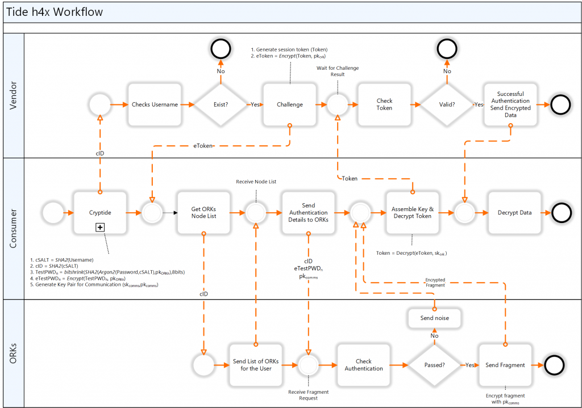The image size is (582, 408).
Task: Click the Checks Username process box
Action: (x=155, y=105)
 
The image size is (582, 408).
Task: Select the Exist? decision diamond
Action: (x=221, y=105)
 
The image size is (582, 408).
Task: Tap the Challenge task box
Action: (x=289, y=105)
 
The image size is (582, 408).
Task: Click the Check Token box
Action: (x=384, y=105)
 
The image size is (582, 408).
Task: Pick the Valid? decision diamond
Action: (x=447, y=105)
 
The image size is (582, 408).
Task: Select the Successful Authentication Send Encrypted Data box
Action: (x=510, y=105)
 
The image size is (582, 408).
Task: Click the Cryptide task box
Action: (x=100, y=213)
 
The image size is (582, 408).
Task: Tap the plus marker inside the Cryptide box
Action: (x=100, y=227)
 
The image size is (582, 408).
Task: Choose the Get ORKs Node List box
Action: (x=204, y=213)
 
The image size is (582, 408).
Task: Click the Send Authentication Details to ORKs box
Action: (x=309, y=213)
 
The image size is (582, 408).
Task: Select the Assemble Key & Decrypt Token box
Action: (x=413, y=213)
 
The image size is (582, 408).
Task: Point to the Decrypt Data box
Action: (x=515, y=213)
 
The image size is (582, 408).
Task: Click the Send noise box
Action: (x=434, y=318)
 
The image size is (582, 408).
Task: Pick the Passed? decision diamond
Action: (x=434, y=365)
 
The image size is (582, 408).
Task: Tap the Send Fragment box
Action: (x=505, y=365)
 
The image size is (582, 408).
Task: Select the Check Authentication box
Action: (x=364, y=365)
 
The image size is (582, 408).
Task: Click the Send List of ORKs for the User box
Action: (x=256, y=365)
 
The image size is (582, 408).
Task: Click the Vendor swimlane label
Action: (x=14, y=95)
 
